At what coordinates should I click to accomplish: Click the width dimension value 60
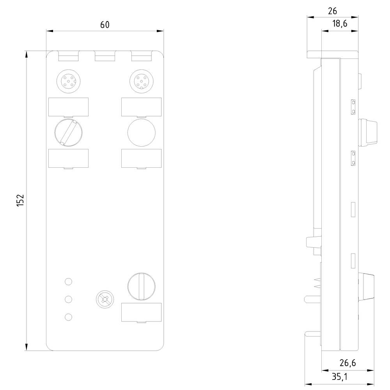pyautogui.click(x=105, y=25)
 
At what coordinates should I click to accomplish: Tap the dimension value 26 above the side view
pyautogui.click(x=333, y=11)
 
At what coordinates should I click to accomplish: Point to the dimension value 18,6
pyautogui.click(x=339, y=24)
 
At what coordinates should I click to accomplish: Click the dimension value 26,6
pyautogui.click(x=347, y=363)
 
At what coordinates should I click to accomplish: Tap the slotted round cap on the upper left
pyautogui.click(x=68, y=132)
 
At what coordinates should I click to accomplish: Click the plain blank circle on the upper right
pyautogui.click(x=141, y=132)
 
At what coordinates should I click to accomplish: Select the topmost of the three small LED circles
pyautogui.click(x=68, y=281)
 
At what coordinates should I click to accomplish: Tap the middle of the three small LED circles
pyautogui.click(x=68, y=299)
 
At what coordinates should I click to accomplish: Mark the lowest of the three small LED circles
pyautogui.click(x=68, y=317)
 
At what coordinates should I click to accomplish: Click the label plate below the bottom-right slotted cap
pyautogui.click(x=141, y=312)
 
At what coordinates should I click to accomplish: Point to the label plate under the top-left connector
pyautogui.click(x=68, y=107)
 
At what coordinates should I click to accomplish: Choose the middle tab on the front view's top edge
pyautogui.click(x=105, y=57)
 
